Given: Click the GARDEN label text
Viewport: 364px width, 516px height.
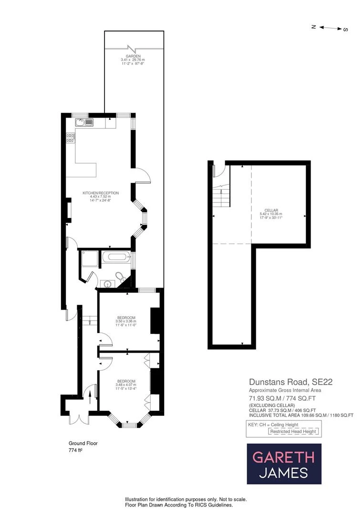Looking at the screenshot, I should tap(133, 56).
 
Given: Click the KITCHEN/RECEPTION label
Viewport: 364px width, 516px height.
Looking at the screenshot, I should tap(100, 193).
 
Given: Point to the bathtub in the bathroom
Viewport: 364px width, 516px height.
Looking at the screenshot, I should tap(116, 257).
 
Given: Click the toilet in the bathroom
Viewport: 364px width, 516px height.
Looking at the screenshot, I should tap(121, 276).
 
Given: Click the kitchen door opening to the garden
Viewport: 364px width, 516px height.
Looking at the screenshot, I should tap(143, 176).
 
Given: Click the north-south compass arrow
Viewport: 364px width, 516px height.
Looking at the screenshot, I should tap(330, 28).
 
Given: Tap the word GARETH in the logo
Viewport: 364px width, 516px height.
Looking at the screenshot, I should tap(283, 457).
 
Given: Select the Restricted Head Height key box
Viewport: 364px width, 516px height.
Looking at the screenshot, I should tap(293, 431).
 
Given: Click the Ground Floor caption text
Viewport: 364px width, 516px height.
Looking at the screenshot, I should tap(83, 443).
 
